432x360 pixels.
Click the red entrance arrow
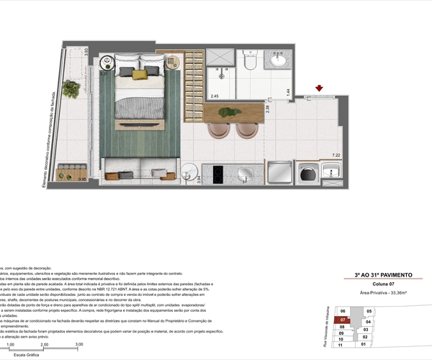coord(319,89)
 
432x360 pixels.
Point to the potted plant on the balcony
coord(71,89)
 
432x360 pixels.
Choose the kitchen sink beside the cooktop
coord(244,174)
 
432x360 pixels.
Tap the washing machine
coord(307,172)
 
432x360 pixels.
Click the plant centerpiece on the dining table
coord(228,112)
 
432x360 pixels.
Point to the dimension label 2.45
coord(215,96)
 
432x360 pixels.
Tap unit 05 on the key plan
coord(369,311)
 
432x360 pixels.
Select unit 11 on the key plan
coord(341,345)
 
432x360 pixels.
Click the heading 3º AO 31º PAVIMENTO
coord(383,274)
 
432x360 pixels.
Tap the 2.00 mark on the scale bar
coord(45,345)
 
